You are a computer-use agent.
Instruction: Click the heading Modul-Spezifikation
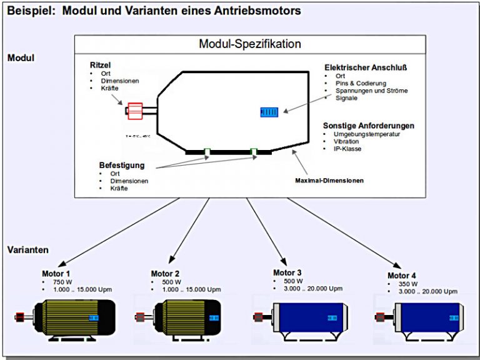coord(249,44)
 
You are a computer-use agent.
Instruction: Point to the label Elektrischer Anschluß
coord(362,67)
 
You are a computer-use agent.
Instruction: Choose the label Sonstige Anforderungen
coord(369,126)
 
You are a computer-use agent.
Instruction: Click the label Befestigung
coord(122,165)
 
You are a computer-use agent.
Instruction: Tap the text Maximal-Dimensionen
coord(329,181)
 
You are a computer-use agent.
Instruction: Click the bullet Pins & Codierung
coord(361,83)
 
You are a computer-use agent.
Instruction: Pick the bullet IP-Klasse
coord(348,149)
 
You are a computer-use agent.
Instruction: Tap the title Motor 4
coord(401,276)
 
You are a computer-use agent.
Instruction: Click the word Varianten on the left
coord(27,249)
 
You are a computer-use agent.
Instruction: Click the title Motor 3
coord(287,272)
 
